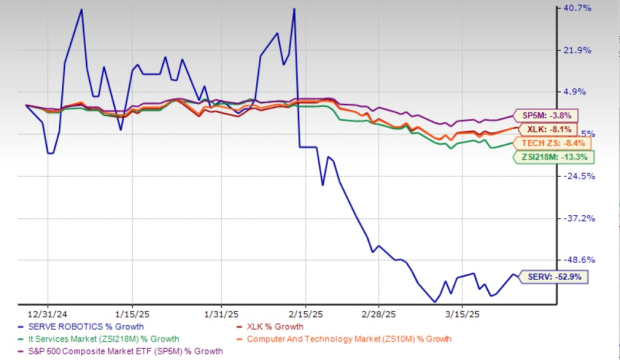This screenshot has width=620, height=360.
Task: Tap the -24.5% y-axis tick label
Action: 579,176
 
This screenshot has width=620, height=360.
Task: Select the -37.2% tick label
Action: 579,218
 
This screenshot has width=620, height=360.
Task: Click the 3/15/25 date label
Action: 464,311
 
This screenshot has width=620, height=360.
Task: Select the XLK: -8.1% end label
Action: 546,128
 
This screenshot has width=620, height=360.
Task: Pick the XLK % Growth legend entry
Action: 356,326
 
